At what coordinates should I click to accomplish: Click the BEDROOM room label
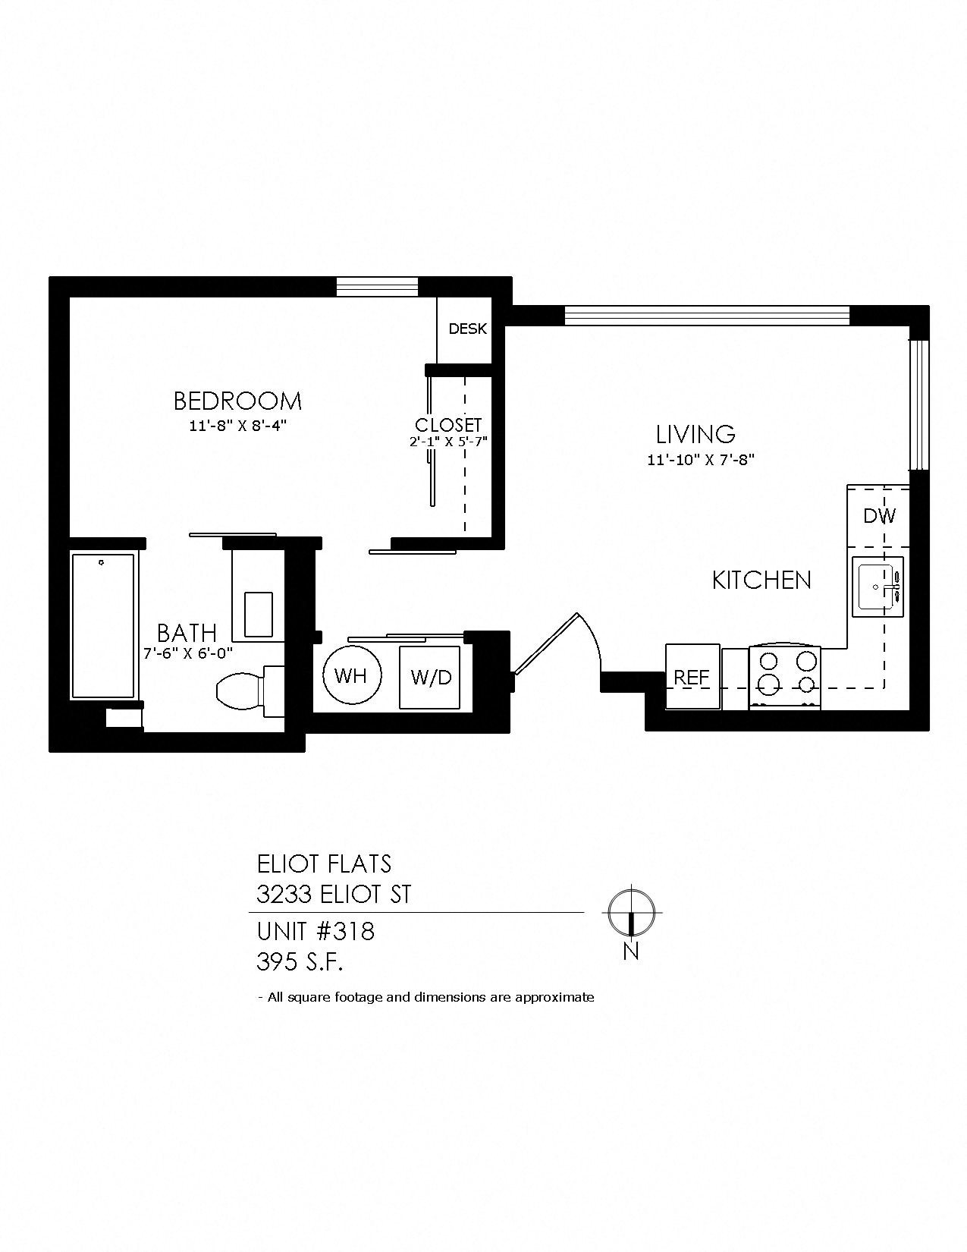(x=237, y=400)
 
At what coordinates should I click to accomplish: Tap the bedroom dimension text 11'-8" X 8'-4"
(x=237, y=426)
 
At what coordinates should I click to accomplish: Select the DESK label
(x=467, y=329)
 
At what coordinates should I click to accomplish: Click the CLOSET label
(x=448, y=425)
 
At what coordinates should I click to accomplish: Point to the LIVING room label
(x=695, y=434)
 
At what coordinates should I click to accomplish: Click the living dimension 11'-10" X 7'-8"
(x=700, y=459)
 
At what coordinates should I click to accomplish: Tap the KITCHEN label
(x=761, y=580)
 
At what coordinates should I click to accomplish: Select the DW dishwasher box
(x=879, y=516)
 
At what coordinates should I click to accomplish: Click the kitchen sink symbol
(x=878, y=587)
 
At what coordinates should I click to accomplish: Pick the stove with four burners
(x=784, y=676)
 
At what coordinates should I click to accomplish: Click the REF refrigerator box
(x=692, y=676)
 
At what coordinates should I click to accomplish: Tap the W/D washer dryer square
(x=430, y=677)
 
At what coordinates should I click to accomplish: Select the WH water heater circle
(x=350, y=675)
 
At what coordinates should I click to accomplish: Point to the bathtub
(x=104, y=625)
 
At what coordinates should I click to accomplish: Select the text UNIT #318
(x=316, y=931)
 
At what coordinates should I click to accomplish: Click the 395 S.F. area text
(x=300, y=963)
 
